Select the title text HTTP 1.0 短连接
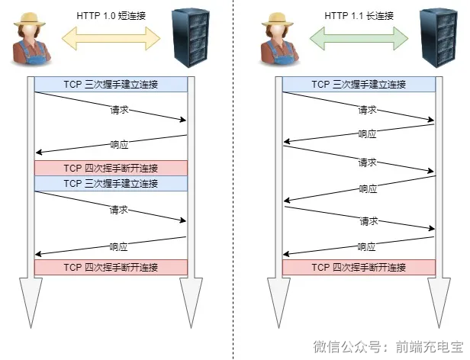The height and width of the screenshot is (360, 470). point(111,15)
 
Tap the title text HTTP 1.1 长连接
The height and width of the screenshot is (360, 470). point(359,15)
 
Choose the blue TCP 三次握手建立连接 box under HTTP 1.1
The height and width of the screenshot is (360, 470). point(359,85)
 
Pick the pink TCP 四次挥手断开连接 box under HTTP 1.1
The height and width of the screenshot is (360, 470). point(359,267)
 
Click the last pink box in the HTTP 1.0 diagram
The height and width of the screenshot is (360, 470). point(111,267)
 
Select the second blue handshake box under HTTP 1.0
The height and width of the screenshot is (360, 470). point(111,183)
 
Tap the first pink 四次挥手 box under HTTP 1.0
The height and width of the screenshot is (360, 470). point(111,168)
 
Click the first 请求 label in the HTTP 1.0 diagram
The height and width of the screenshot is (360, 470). point(118,110)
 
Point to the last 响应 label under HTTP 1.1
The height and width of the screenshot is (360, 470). point(367,246)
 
